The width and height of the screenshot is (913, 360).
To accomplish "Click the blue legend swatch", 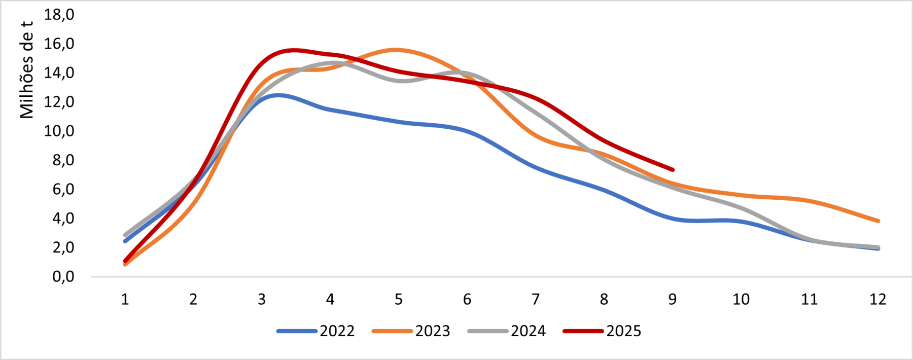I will click(297, 331).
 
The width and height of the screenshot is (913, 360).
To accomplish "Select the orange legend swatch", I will click(392, 331).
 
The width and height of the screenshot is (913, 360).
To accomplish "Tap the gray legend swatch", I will click(487, 331).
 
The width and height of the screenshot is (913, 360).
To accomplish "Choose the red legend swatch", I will click(583, 331).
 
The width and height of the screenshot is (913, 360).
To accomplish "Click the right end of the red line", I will click(673, 169).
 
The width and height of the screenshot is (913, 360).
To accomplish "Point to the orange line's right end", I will click(878, 221).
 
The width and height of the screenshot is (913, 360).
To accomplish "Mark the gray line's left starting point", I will click(125, 235).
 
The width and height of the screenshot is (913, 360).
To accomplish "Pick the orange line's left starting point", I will click(125, 264).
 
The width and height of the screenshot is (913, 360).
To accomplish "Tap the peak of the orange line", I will click(396, 49).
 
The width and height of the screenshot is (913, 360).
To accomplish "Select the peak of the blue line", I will click(277, 95).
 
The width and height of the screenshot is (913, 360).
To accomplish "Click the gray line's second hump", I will click(462, 73).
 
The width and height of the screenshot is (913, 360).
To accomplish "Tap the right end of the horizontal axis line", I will click(911, 277).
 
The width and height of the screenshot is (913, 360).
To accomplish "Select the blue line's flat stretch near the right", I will click(710, 221).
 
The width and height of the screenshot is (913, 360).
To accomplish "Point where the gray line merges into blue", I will click(812, 240).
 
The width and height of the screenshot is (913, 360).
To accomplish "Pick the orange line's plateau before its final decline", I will click(771, 197).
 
